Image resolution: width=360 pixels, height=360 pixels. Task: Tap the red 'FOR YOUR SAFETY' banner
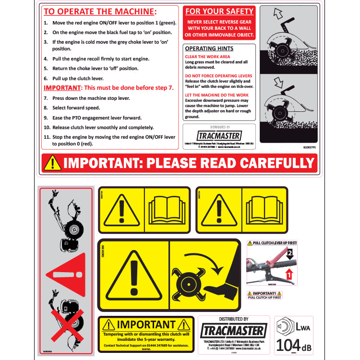[x=219, y=11]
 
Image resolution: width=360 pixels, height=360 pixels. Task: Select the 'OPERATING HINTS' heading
[x=209, y=48]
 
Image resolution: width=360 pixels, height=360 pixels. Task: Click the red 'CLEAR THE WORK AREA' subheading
[x=207, y=57]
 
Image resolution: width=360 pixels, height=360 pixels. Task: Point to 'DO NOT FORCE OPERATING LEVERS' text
[x=218, y=76]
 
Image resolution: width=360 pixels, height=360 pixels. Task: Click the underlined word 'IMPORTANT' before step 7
[x=61, y=88]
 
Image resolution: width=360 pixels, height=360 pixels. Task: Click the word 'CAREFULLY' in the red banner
[x=270, y=163]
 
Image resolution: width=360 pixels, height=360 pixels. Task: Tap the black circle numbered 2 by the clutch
[x=289, y=252]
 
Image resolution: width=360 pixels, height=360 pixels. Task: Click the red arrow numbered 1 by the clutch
[x=289, y=275]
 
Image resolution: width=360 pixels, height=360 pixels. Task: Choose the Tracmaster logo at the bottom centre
[x=233, y=331]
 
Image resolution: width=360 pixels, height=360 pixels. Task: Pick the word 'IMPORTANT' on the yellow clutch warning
[x=146, y=325]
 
